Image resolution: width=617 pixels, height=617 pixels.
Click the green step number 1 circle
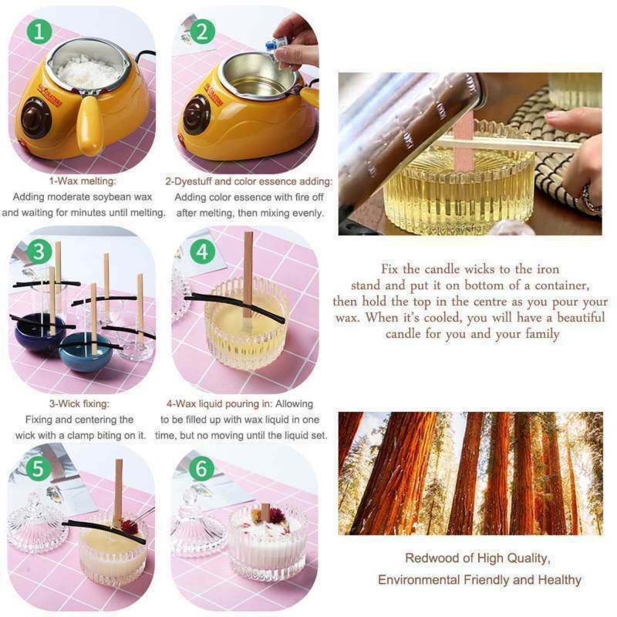tap(39, 32)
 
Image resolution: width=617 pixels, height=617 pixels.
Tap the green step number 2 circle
tap(202, 32)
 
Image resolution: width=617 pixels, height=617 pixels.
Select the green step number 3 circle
tap(39, 252)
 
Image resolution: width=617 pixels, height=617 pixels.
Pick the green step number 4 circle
tap(202, 252)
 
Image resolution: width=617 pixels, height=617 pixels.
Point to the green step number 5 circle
tap(38, 469)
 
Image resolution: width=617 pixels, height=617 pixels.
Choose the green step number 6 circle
tap(201, 469)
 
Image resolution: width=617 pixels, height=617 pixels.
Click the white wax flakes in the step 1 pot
tap(89, 72)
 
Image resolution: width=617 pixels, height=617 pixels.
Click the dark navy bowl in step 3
tap(39, 332)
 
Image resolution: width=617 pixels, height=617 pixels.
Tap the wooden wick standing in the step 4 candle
tap(248, 275)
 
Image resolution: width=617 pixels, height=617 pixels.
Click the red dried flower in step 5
tap(129, 527)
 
